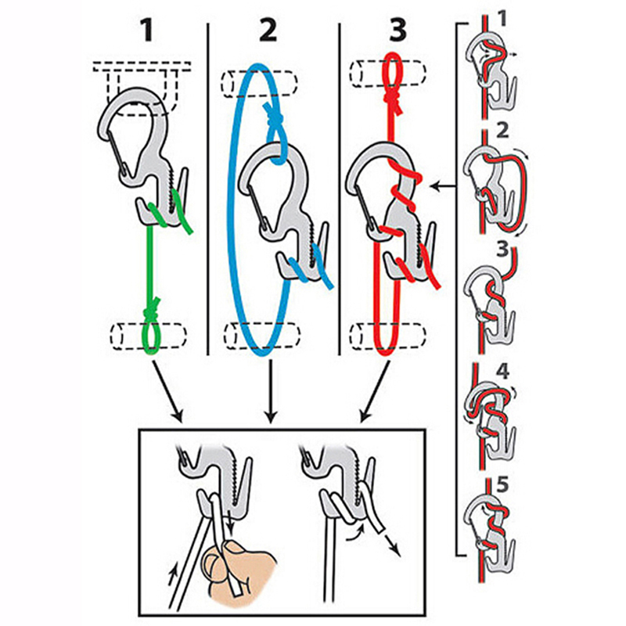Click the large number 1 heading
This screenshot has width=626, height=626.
coord(148,31)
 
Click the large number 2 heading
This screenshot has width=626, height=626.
coord(268,31)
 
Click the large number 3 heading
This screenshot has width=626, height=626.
coord(398,31)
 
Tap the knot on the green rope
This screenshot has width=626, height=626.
coord(152,308)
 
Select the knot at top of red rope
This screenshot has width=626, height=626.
coord(391,97)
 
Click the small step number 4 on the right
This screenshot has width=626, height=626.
coord(502,372)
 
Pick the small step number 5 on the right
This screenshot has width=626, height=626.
coord(502,485)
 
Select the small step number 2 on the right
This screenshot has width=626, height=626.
coord(502,131)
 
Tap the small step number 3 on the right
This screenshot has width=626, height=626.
coord(502,250)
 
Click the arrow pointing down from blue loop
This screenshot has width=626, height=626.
coord(271,391)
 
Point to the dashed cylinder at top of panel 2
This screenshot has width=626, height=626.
coord(260,84)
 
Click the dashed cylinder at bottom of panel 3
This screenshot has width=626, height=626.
coord(387,336)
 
